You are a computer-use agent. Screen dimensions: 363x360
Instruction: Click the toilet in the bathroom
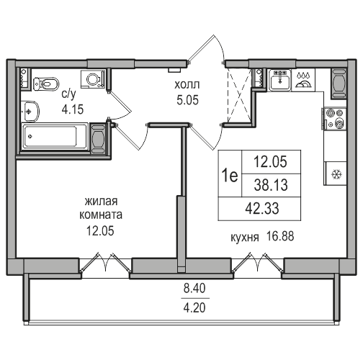click(x=46, y=84)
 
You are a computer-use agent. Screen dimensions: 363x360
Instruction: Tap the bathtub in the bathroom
click(x=55, y=137)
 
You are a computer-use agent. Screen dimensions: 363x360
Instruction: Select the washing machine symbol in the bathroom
click(x=93, y=79)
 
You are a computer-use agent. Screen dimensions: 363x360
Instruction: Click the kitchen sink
click(x=280, y=80)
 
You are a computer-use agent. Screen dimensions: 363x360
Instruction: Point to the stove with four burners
click(x=335, y=119)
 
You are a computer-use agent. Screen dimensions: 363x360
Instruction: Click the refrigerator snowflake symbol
click(x=336, y=174)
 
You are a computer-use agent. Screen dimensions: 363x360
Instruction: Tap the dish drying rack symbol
click(x=303, y=81)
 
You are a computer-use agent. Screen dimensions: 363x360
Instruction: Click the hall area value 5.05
click(x=188, y=100)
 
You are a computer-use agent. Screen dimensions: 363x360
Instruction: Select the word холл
click(x=187, y=85)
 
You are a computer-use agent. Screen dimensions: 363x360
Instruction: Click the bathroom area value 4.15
click(x=73, y=109)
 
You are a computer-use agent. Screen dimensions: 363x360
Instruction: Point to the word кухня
click(x=245, y=238)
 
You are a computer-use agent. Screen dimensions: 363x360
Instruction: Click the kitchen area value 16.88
click(x=280, y=236)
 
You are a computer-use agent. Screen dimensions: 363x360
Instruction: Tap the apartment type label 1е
click(x=230, y=176)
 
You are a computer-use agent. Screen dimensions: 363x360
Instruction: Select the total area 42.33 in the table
click(x=262, y=208)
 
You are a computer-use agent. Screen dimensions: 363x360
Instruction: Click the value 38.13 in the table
click(x=271, y=185)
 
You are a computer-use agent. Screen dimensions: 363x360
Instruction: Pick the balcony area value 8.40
click(x=194, y=288)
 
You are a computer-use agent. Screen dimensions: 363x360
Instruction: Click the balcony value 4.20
click(x=194, y=308)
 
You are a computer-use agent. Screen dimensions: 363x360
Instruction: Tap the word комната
click(x=101, y=215)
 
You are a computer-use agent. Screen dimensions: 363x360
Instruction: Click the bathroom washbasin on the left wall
click(x=30, y=112)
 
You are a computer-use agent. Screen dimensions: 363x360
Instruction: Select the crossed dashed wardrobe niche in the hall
click(x=238, y=95)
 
